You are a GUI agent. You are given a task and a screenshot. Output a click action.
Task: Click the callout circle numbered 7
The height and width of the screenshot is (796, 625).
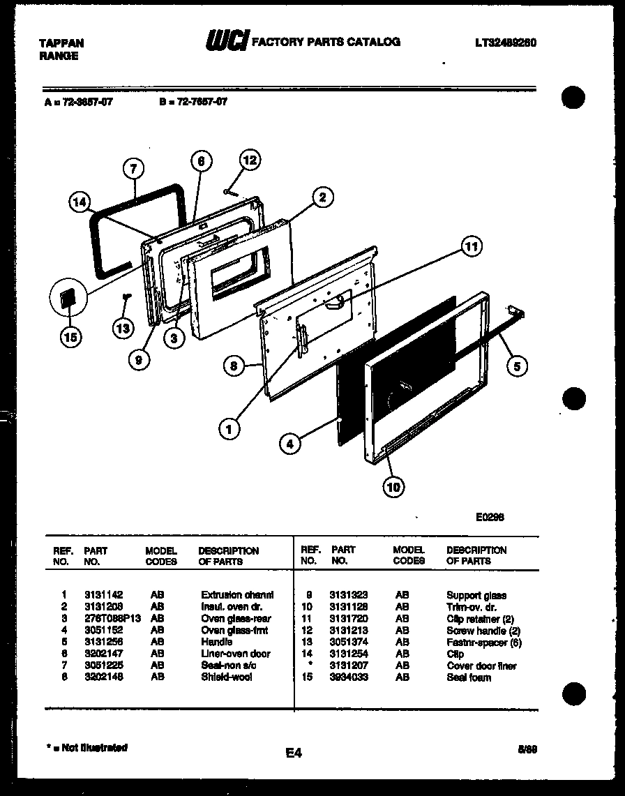(x=134, y=168)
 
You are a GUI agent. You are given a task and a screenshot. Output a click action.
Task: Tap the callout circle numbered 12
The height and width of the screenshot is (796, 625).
(x=249, y=160)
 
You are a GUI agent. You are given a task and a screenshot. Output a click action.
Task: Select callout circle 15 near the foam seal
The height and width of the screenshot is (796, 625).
(x=70, y=337)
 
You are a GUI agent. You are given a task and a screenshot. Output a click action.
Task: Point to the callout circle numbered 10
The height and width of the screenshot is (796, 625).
(x=393, y=487)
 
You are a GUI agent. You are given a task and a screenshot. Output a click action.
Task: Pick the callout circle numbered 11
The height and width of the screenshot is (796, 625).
(x=472, y=246)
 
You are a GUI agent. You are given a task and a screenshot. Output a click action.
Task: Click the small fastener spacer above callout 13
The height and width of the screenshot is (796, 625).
(x=128, y=297)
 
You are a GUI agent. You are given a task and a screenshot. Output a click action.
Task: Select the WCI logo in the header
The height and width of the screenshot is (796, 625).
(x=225, y=42)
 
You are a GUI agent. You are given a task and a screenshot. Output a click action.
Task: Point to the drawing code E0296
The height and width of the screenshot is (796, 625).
(x=490, y=517)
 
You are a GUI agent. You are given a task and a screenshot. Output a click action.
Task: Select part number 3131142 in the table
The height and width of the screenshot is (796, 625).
(x=98, y=595)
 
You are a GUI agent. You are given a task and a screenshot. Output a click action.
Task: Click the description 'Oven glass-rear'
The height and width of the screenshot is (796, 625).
(x=236, y=619)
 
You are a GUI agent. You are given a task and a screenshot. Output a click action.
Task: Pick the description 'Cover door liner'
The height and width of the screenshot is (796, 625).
(x=481, y=666)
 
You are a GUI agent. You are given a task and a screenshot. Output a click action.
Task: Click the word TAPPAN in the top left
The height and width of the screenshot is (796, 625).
(x=61, y=43)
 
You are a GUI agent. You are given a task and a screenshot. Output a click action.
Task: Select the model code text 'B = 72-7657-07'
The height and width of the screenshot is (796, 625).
(x=193, y=102)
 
